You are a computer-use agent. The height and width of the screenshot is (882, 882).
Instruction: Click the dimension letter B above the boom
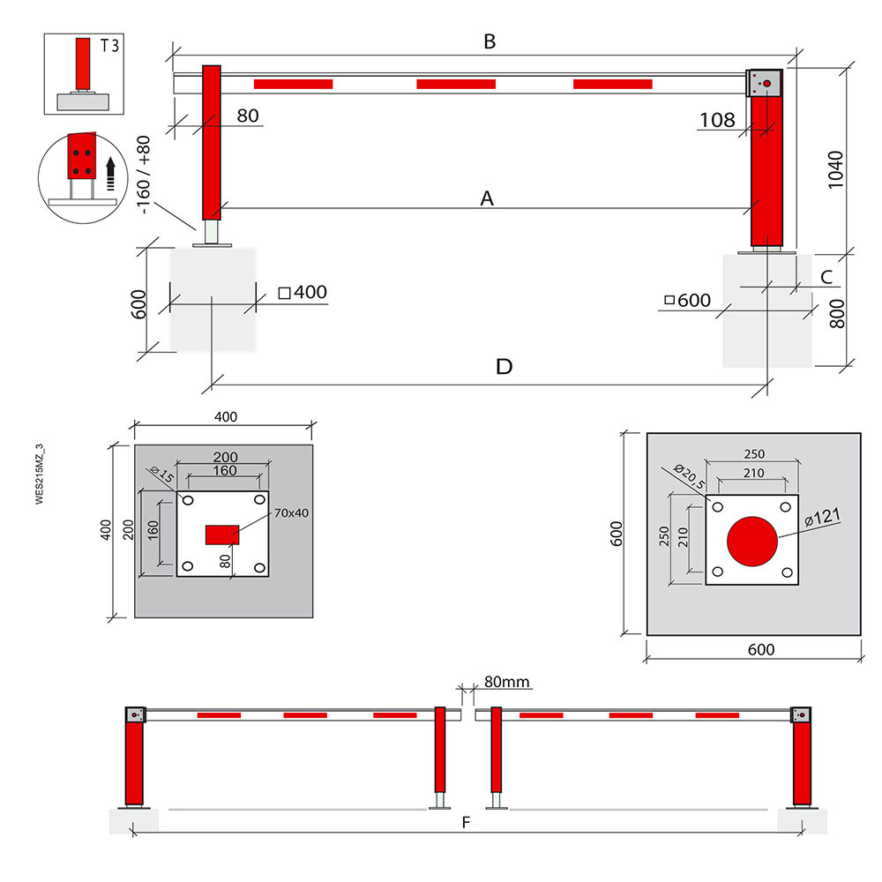[490, 41]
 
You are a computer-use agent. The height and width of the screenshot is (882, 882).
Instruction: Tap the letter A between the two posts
[487, 198]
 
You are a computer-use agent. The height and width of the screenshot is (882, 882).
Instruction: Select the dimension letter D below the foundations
[504, 367]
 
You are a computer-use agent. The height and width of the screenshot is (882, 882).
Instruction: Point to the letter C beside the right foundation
[826, 277]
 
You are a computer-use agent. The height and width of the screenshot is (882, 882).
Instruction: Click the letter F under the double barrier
[466, 823]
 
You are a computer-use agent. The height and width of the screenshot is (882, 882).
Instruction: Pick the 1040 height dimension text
[836, 170]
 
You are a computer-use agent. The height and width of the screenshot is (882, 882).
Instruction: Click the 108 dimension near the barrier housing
[717, 120]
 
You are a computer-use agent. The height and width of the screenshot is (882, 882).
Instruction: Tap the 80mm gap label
[507, 682]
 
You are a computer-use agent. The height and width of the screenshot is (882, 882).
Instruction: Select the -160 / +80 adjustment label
[144, 175]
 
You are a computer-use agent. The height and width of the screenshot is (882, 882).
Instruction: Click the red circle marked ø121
[752, 541]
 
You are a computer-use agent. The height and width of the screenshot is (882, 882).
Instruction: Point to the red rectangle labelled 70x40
[222, 535]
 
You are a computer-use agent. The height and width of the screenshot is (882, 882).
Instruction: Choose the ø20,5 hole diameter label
[689, 476]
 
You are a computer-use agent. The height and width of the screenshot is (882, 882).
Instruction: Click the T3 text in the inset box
[109, 46]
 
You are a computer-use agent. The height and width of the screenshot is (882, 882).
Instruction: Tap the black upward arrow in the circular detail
[111, 173]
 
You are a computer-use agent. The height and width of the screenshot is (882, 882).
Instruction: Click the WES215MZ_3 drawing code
[40, 475]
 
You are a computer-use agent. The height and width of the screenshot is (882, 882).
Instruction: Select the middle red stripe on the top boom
[456, 85]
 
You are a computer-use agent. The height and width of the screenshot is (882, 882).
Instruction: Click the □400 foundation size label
[303, 293]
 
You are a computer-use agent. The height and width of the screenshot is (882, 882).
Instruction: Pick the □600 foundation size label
[687, 301]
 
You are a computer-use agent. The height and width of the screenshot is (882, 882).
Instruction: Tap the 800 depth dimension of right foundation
[837, 314]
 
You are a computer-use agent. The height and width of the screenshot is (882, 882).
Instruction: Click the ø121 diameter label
[822, 516]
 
